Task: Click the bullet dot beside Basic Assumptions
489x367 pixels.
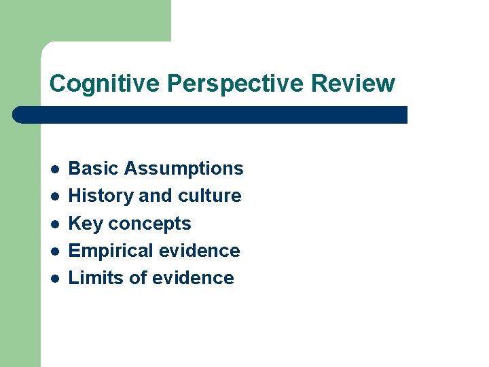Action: (x=54, y=169)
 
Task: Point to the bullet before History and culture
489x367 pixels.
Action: (x=54, y=196)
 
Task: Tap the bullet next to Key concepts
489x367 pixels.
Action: (x=54, y=224)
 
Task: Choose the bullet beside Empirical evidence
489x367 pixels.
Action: (x=54, y=251)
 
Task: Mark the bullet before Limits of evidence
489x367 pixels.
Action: (x=54, y=279)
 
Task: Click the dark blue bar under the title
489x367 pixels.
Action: (x=211, y=114)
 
